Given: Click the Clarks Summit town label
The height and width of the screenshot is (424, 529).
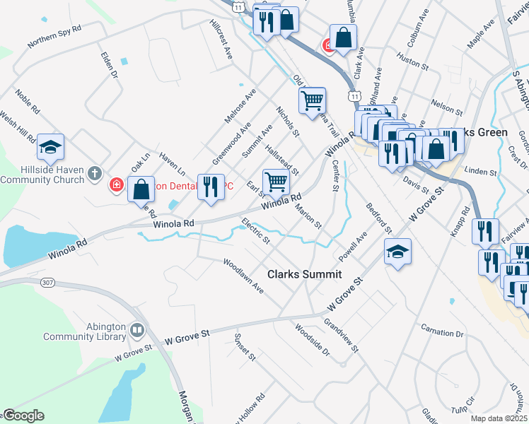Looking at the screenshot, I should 304,274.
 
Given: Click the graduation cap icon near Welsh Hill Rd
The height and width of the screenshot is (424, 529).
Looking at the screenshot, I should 50,147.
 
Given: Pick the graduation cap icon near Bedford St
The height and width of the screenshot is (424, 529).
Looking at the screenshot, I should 398,252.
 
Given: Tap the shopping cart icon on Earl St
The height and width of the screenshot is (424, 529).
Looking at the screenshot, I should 275,182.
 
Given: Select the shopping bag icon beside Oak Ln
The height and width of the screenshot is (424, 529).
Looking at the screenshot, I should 141,189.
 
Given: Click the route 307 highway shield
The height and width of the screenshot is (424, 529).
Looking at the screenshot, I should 48,283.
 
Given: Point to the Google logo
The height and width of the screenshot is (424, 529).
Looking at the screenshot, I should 23,416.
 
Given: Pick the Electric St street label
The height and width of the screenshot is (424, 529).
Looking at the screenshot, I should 255,230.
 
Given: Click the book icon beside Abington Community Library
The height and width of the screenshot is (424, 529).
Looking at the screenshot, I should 136,329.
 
